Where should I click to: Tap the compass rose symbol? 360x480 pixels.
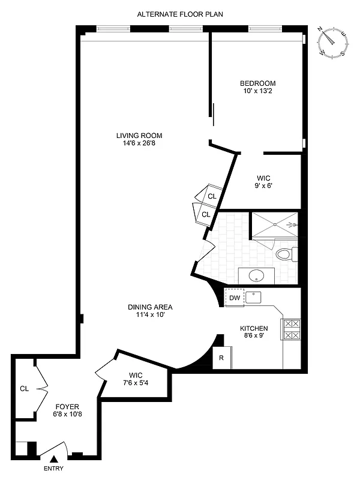point(334,43)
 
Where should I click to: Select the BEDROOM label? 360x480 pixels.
point(257,83)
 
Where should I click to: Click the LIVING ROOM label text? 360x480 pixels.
point(139,135)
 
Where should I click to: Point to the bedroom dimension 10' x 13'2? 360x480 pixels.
point(257,92)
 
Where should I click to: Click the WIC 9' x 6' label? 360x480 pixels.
point(263,182)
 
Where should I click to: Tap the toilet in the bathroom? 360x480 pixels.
point(284,254)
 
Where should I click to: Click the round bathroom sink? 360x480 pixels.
point(256,277)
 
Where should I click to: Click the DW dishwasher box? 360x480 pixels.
point(235,298)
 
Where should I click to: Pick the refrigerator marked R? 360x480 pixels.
point(221,359)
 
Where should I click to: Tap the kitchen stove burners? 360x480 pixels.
point(291,329)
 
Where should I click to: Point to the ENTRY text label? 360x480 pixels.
point(53,469)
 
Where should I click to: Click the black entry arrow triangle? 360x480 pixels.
point(52,459)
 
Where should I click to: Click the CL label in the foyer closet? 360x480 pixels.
point(24,388)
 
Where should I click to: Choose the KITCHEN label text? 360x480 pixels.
point(254,329)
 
